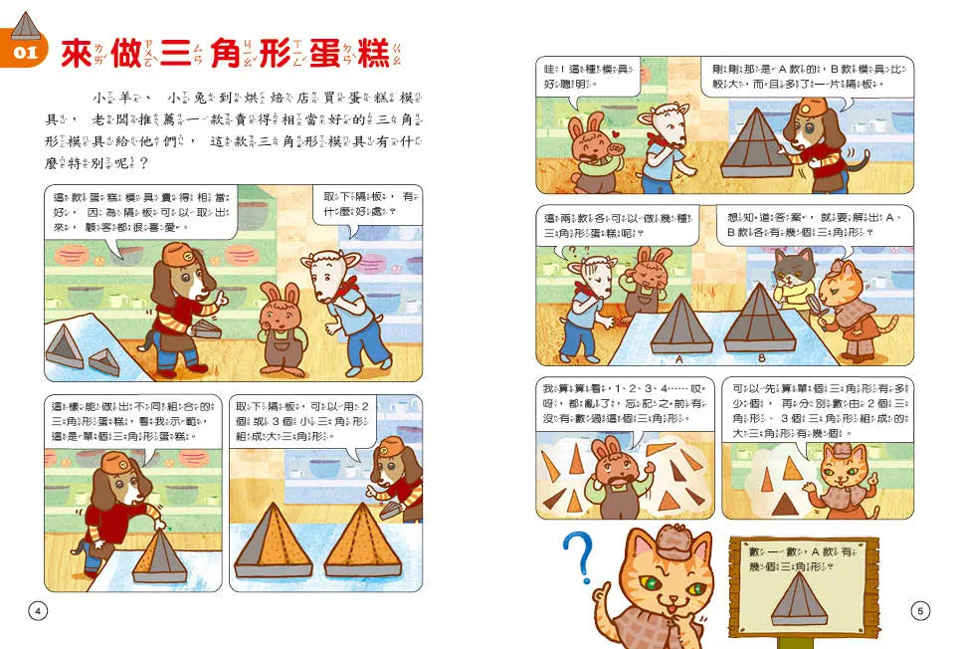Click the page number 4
coord(38,611)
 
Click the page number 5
coord(919,611)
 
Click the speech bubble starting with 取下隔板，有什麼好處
coord(368,204)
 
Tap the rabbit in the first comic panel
coord(280,328)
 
